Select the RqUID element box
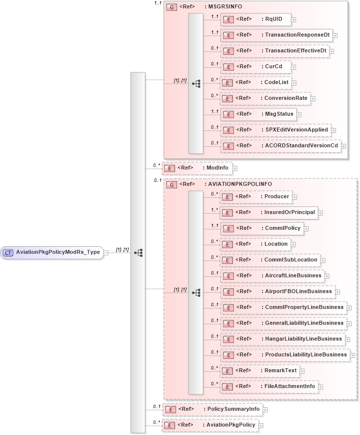pyautogui.click(x=255, y=19)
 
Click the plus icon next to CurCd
pyautogui.click(x=293, y=67)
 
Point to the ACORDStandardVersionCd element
pyautogui.click(x=280, y=146)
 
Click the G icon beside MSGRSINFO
pyautogui.click(x=172, y=7)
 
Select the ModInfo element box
pyautogui.click(x=197, y=168)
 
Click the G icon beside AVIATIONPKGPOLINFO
pyautogui.click(x=172, y=184)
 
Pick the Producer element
pyautogui.click(x=255, y=196)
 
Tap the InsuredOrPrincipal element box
pyautogui.click(x=269, y=212)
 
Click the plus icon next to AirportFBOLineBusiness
pyautogui.click(x=338, y=292)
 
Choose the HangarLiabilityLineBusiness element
pyautogui.click(x=282, y=339)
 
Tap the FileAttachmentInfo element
pyautogui.click(x=270, y=386)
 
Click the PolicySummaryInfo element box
pyautogui.click(x=213, y=409)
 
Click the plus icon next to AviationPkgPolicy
pyautogui.click(x=261, y=426)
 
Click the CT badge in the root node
pyautogui.click(x=8, y=253)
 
